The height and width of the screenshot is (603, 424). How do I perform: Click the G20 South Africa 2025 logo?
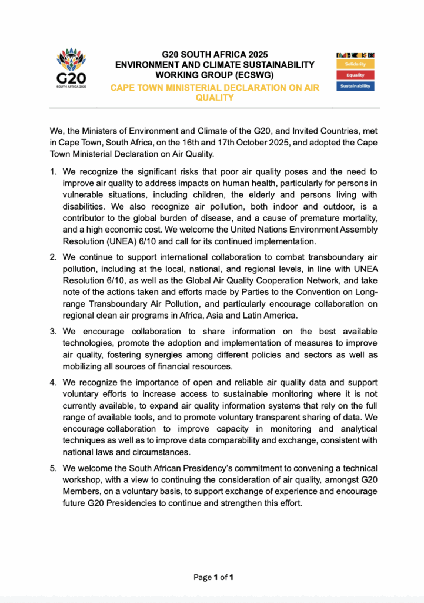pos(71,67)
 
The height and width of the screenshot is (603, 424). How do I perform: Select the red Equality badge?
pos(355,75)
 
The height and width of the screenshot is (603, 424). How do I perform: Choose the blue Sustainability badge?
pos(355,86)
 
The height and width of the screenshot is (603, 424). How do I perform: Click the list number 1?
pos(52,172)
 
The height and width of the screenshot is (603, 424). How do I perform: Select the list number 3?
pos(52,332)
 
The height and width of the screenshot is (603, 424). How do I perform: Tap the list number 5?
pos(52,469)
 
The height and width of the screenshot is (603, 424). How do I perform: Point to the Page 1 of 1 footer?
pos(213,577)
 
